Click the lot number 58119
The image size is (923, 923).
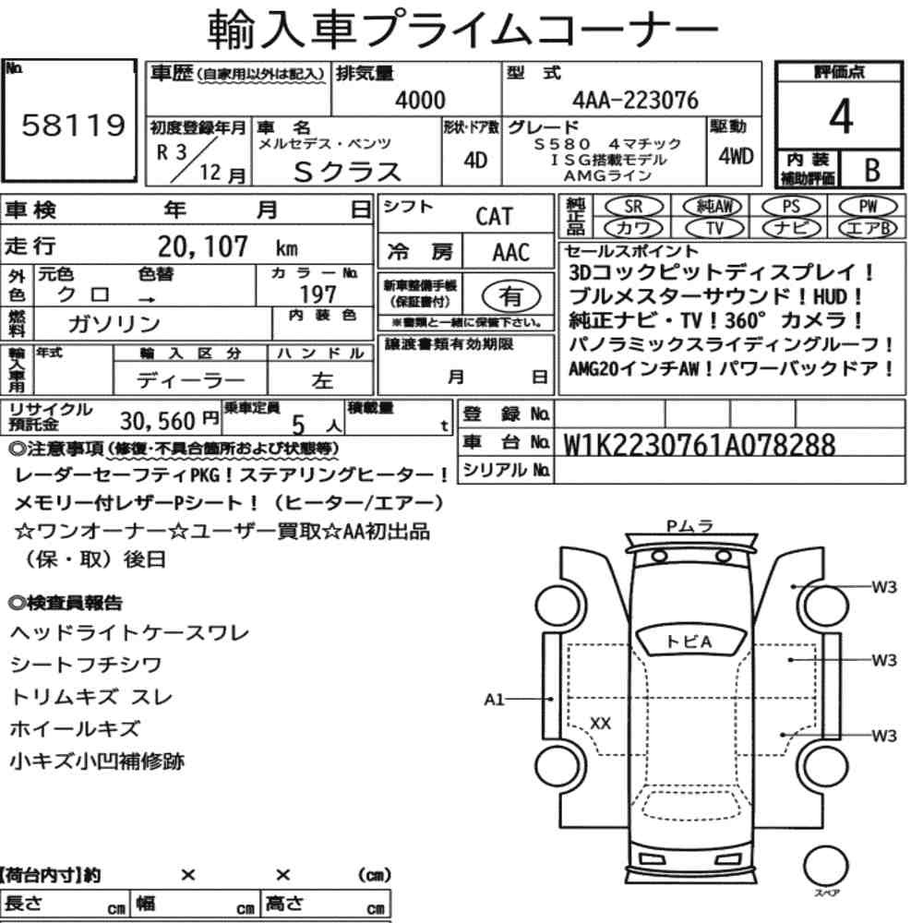tap(74, 125)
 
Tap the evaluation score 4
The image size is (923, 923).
tap(841, 116)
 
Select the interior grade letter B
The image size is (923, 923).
tap(872, 170)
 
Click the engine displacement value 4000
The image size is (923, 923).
tap(420, 100)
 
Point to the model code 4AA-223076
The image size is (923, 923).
tap(635, 100)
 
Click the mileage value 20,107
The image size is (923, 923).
tap(202, 246)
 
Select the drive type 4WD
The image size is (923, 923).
tap(736, 156)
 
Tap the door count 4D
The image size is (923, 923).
tap(475, 160)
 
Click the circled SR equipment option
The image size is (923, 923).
tap(633, 206)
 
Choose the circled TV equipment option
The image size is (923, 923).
tap(714, 228)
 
